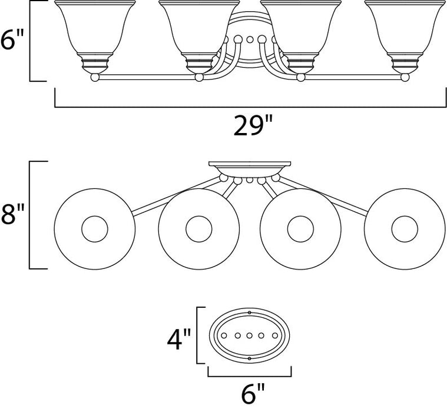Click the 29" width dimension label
[x=254, y=125]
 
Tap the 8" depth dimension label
[x=14, y=214]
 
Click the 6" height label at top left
[x=14, y=41]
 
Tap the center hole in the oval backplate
[x=249, y=335]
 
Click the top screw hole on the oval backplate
[x=249, y=312]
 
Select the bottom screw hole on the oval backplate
[x=249, y=358]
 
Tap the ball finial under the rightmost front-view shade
[x=405, y=77]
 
